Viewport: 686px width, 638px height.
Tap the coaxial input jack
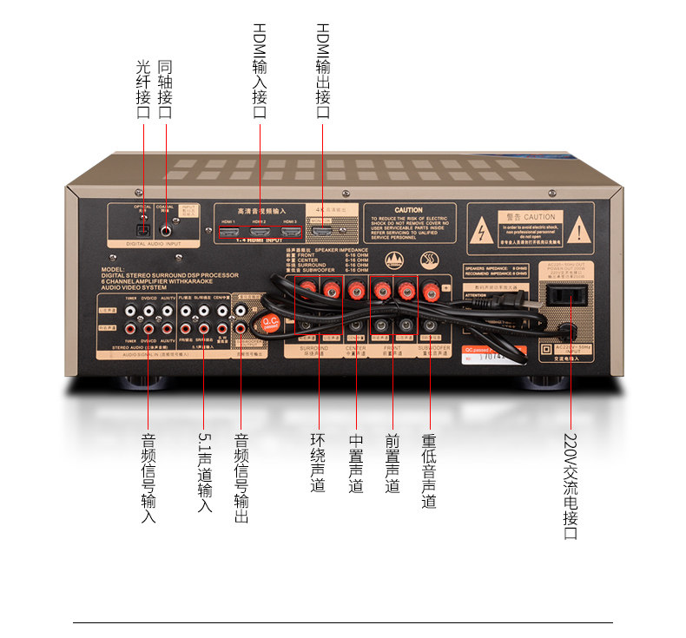[165, 231]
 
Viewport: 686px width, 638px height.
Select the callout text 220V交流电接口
[571, 485]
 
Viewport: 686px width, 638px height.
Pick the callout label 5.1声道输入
[204, 472]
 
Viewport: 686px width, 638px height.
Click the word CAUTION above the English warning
[408, 210]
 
